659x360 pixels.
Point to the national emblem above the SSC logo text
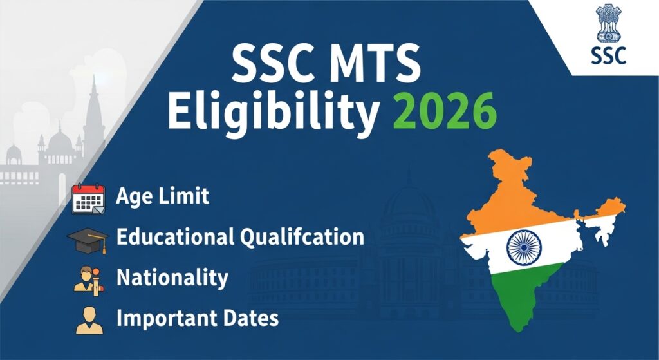pyautogui.click(x=607, y=23)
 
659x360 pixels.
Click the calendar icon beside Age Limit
pyautogui.click(x=88, y=198)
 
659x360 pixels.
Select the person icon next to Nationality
pyautogui.click(x=89, y=279)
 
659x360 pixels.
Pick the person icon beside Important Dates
pyautogui.click(x=89, y=320)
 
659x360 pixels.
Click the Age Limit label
pyautogui.click(x=162, y=196)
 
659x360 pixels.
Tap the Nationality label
pyautogui.click(x=172, y=278)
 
